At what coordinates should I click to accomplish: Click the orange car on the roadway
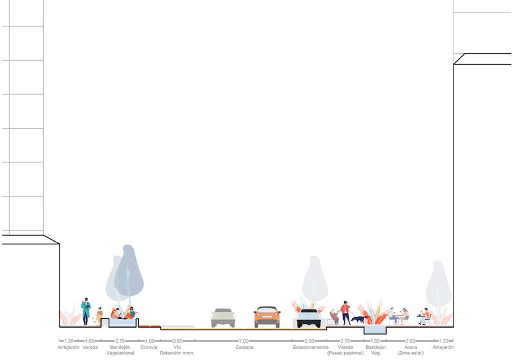pos(267,317)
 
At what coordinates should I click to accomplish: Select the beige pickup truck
pos(223,317)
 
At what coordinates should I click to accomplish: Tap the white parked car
pos(309,318)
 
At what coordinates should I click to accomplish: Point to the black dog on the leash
pos(358,319)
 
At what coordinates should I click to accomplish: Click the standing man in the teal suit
pos(86,312)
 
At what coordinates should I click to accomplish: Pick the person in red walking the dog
pos(345,313)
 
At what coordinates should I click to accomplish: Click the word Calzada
pos(244,347)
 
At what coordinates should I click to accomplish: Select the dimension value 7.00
pos(244,341)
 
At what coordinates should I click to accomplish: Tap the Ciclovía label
pos(149,347)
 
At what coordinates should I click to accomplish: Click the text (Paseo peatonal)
pos(345,353)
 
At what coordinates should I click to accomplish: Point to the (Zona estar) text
pos(411,353)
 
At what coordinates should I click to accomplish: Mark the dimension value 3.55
pos(410,341)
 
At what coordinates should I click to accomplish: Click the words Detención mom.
pos(177,353)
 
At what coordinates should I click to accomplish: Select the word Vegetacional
pos(120,353)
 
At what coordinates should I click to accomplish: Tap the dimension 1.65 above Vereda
pos(90,341)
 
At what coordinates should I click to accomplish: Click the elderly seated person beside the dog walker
pos(334,317)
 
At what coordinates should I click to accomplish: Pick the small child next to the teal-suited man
pos(100,316)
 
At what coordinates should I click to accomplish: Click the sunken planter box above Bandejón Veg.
pos(375,330)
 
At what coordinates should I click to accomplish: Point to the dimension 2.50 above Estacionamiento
pos(310,341)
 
